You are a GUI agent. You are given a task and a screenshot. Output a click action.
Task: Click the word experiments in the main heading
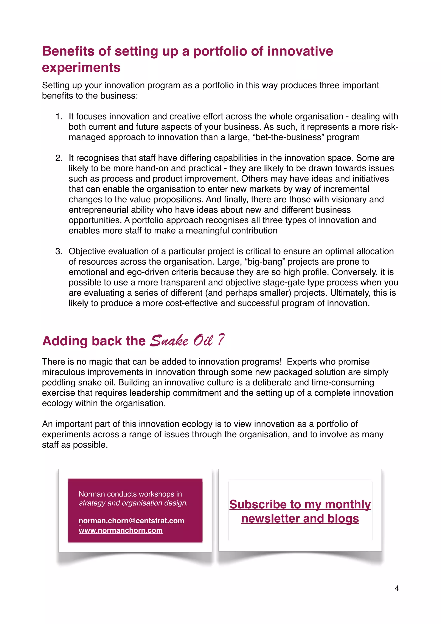(x=81, y=67)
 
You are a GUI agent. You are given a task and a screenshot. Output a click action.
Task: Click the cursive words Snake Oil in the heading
(x=181, y=341)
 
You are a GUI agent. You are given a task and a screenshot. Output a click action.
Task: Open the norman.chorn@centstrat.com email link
(x=131, y=521)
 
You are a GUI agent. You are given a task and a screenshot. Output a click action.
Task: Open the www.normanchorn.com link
(x=121, y=530)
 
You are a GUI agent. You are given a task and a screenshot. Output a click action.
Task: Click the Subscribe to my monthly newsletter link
(x=300, y=511)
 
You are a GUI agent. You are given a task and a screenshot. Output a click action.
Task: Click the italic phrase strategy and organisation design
(x=133, y=503)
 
